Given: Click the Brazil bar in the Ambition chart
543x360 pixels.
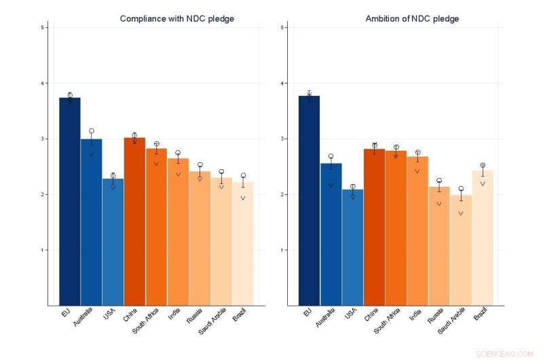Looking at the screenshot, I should [483, 238].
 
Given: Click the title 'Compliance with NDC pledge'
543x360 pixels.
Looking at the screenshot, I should [177, 19].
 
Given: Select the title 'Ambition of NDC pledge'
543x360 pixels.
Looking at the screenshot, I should [412, 19].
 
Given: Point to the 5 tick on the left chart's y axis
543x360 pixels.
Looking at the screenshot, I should [42, 28].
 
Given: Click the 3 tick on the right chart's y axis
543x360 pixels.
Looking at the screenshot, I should [282, 139].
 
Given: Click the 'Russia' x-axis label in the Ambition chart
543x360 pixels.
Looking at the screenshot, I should [435, 319].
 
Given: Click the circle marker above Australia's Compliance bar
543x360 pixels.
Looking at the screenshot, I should [92, 131].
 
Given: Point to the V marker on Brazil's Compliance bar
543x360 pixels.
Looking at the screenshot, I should [243, 198].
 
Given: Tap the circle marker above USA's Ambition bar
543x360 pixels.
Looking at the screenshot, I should [353, 187].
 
